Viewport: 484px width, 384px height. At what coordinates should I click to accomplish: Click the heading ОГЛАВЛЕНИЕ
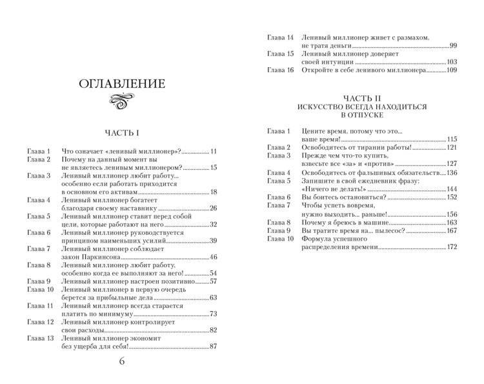[121, 84]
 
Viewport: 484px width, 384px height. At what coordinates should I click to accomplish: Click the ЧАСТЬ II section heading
[362, 96]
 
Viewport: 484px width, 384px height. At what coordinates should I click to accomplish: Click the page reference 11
[213, 151]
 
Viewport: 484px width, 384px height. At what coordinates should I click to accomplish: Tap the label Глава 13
[40, 338]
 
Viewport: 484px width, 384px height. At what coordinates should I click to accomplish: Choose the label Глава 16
[281, 70]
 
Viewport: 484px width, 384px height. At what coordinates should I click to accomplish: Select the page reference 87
[213, 347]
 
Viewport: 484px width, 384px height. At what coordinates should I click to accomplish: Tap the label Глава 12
[40, 321]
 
